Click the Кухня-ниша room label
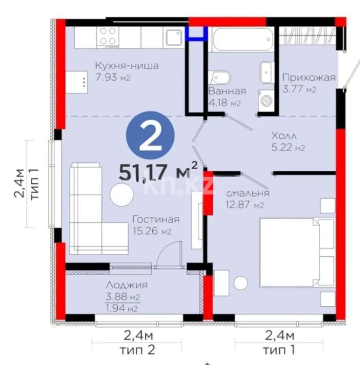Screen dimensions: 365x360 [x=126, y=66]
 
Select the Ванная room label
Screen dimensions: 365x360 [x=227, y=91]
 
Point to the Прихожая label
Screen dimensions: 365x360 [x=309, y=77]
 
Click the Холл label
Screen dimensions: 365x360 [x=285, y=136]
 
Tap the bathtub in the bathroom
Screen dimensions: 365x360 [x=241, y=39]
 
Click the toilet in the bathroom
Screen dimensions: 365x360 [x=219, y=78]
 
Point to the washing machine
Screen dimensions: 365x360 [x=267, y=99]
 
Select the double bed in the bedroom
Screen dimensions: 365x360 [x=296, y=251]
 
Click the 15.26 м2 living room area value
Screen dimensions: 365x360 [x=152, y=232]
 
